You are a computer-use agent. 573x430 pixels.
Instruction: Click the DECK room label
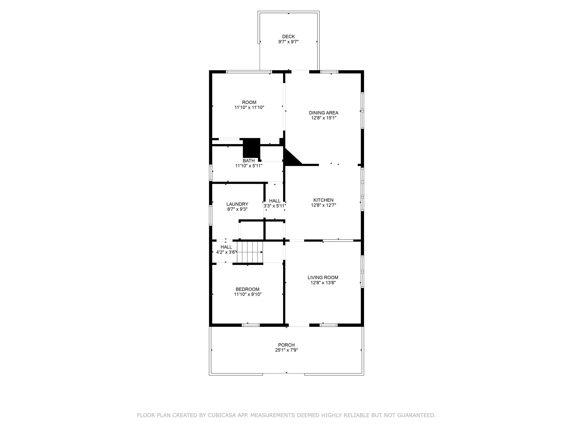[288, 37]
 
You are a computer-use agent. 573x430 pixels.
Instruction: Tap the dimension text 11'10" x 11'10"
[249, 107]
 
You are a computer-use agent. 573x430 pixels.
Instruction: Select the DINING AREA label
[324, 113]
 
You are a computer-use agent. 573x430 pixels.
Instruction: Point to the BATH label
[248, 161]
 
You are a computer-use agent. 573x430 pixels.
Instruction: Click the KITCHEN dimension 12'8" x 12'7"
[323, 205]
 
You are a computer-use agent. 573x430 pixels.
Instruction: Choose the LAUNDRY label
[237, 204]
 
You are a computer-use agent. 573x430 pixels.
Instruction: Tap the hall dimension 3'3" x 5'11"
[275, 206]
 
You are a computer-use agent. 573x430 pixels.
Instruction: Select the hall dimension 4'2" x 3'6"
[226, 252]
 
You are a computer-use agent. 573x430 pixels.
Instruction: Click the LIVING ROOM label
[323, 277]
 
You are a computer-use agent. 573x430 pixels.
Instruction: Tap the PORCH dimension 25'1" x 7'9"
[286, 350]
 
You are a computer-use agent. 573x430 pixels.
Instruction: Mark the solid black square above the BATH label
[251, 147]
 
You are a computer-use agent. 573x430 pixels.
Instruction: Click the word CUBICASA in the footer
[222, 415]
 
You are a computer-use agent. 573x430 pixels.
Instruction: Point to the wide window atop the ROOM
[249, 72]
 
